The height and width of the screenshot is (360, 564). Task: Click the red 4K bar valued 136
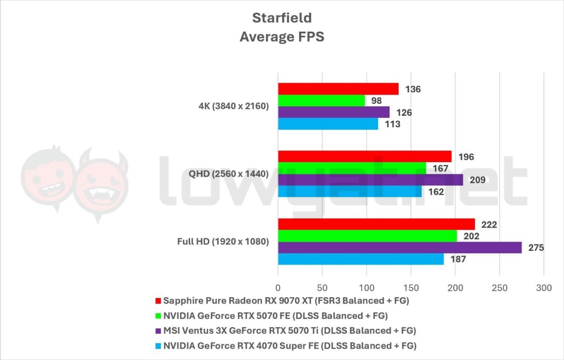point(338,89)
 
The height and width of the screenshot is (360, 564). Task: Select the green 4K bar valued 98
point(321,101)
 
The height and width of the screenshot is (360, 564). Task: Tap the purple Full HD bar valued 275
point(399,247)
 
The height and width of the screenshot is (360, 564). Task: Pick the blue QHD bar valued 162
point(349,191)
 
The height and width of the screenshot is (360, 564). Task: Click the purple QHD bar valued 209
point(370,180)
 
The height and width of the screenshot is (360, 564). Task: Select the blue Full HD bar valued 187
point(360,259)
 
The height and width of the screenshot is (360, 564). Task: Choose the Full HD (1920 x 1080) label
point(223,242)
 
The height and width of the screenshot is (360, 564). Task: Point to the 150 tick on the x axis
point(411,287)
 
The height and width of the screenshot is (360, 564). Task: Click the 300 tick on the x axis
point(543,287)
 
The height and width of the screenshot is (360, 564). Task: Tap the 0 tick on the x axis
point(278,287)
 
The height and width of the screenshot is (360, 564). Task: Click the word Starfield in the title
point(282,18)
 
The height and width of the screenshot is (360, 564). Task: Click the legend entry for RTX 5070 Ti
point(289,330)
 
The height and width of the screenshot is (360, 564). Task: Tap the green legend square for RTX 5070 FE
point(158,316)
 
